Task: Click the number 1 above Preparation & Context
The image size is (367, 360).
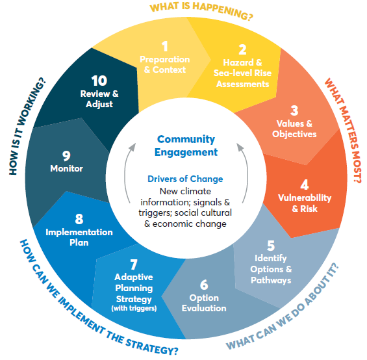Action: (x=165, y=46)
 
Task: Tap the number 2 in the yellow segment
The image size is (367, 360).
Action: (x=243, y=49)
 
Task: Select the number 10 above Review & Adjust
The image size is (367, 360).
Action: (x=99, y=81)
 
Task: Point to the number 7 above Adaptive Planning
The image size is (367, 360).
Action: (x=134, y=264)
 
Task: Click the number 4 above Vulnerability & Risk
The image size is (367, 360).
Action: (x=305, y=185)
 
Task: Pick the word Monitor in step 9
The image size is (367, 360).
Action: (x=66, y=168)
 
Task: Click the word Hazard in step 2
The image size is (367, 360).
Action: (x=238, y=62)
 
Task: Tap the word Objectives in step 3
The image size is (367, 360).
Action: (x=294, y=134)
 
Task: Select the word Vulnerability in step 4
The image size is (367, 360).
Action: (x=305, y=198)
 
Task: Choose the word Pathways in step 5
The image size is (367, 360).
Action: (x=271, y=280)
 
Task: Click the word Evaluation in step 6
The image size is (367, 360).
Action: (x=204, y=308)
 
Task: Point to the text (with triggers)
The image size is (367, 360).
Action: (x=134, y=308)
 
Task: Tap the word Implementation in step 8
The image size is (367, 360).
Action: (x=79, y=232)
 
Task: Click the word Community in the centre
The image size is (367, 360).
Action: (x=186, y=140)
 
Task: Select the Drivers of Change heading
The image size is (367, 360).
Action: (x=185, y=179)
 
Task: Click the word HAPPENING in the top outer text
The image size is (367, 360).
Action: (x=223, y=11)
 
